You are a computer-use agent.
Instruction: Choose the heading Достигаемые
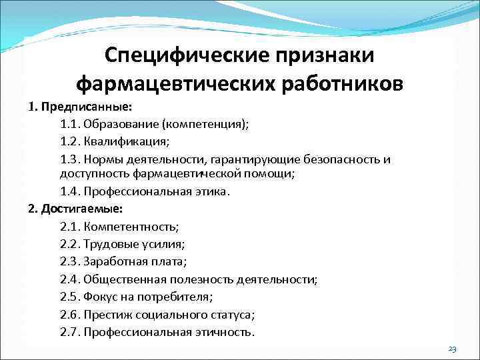point(81,209)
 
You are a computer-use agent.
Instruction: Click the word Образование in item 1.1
point(123,125)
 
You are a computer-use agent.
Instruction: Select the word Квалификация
point(131,142)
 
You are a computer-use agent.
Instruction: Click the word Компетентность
point(136,227)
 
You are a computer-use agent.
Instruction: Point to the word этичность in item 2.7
point(223,332)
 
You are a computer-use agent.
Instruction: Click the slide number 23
point(452,349)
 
